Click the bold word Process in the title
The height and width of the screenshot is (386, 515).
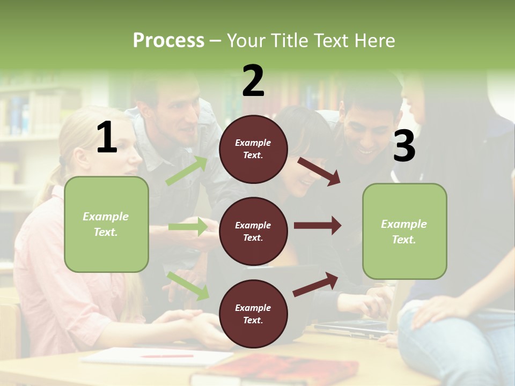(x=168, y=41)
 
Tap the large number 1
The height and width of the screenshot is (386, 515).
(x=107, y=138)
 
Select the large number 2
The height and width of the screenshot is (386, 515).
(x=253, y=81)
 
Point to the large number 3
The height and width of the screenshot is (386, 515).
(x=404, y=146)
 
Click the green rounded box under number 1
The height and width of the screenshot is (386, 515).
(x=106, y=224)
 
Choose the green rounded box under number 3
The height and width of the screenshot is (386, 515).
(x=404, y=231)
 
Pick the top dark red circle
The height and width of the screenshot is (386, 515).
(x=253, y=149)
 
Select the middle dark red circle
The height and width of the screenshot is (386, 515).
(x=253, y=231)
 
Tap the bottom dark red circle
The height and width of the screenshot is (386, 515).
(x=253, y=314)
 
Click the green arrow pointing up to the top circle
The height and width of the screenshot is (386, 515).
(x=187, y=170)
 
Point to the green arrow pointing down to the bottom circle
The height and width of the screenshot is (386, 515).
(x=188, y=285)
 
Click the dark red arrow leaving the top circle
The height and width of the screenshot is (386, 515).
(x=319, y=171)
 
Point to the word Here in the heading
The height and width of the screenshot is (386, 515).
(x=376, y=41)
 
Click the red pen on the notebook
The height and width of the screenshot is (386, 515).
(x=167, y=355)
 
